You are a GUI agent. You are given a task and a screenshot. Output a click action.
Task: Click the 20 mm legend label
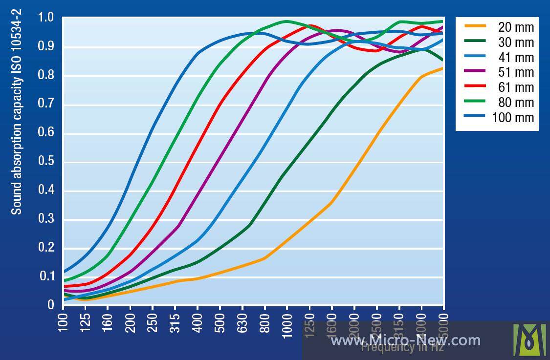coord(516,27)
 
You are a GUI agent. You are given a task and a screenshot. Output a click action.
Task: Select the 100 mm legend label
coord(513,118)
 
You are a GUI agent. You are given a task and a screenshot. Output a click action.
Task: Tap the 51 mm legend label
coord(516,72)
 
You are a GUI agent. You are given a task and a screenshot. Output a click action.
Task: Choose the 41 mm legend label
coord(516,57)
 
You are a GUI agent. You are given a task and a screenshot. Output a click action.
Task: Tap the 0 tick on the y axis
coord(50,305)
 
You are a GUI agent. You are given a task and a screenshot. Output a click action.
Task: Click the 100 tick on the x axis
coord(63,322)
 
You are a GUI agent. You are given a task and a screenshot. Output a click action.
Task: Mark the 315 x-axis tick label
coord(175,322)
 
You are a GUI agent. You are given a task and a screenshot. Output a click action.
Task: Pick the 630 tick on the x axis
coord(242,322)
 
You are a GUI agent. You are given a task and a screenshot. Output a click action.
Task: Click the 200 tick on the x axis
coord(130,322)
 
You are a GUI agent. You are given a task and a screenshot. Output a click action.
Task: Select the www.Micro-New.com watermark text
coord(405,340)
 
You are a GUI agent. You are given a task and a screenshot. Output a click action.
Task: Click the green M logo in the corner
coord(529,339)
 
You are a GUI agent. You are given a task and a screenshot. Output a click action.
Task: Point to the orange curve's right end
coord(443,68)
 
